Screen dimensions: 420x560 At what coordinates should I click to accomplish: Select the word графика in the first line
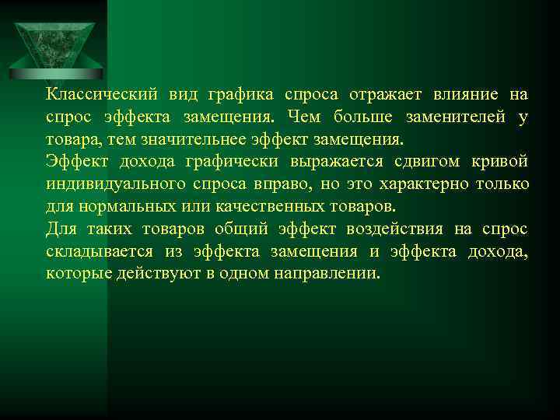[240, 95]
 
